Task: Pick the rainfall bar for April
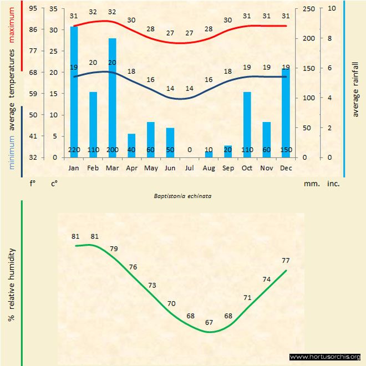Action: coord(131,145)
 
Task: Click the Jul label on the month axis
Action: coord(189,167)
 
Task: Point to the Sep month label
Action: coord(228,167)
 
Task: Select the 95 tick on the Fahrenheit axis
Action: coord(33,9)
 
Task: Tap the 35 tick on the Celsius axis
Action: coord(53,9)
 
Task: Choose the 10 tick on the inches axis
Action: coord(331,9)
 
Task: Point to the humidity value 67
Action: coord(209,322)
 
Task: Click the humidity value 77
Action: coord(286,260)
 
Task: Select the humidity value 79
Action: coord(114,248)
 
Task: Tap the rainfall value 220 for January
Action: coord(74,150)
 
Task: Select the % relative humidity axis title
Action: coord(11,286)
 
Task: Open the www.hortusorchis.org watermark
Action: coord(325,357)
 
